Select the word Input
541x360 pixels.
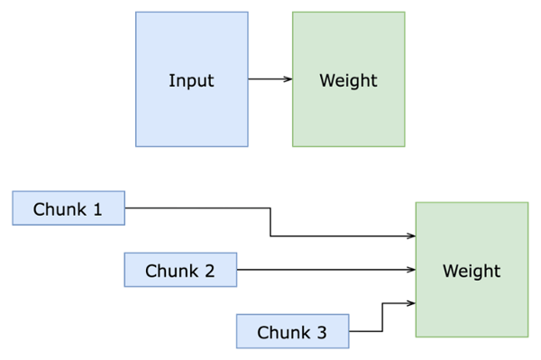tap(191, 80)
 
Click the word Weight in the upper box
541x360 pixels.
tap(348, 80)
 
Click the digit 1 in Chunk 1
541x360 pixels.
tap(97, 209)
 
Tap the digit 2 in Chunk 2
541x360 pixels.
tap(209, 270)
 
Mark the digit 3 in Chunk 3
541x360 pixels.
tap(322, 332)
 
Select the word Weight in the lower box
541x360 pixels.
tap(472, 270)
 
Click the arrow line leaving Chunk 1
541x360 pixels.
tap(198, 208)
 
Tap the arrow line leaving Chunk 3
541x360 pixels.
tap(367, 332)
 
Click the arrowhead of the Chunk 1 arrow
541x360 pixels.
tap(410, 236)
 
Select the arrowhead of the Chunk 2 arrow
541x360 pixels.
tap(410, 270)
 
